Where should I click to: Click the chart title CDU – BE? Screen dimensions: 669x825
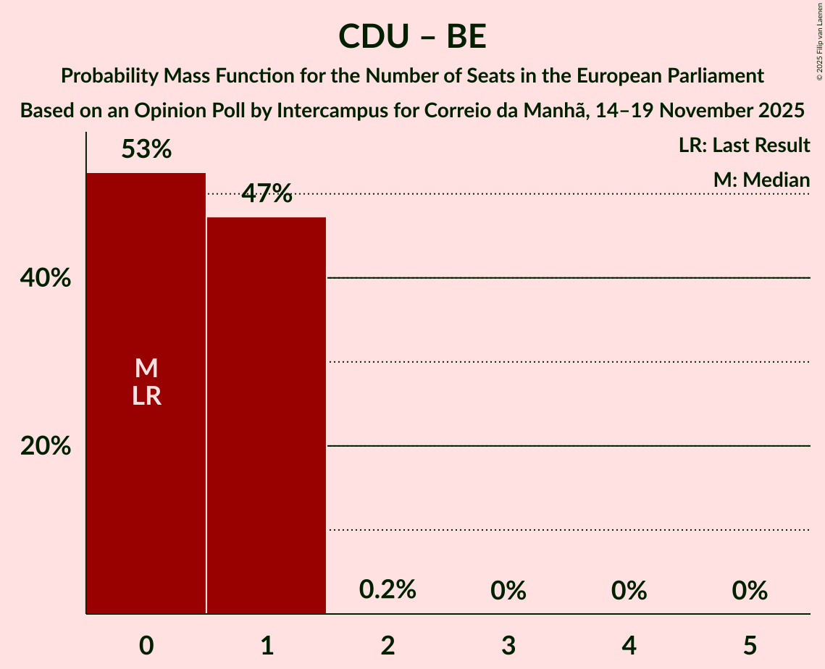(x=412, y=37)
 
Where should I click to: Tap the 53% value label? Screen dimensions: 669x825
(x=146, y=150)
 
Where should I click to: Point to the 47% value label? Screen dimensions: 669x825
(x=267, y=193)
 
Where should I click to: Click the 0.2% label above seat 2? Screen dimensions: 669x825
(x=388, y=590)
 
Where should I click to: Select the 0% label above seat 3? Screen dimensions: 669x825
(x=508, y=591)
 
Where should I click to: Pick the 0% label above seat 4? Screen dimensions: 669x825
(x=629, y=591)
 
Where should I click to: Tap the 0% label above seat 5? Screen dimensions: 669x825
(x=750, y=591)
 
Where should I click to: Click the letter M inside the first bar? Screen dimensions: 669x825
(x=146, y=369)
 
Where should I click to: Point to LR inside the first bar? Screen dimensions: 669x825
(x=146, y=396)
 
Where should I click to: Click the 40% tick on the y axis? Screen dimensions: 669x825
(x=46, y=278)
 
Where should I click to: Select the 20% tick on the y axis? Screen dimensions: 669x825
(x=46, y=446)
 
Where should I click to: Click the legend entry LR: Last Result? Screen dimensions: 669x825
(x=744, y=146)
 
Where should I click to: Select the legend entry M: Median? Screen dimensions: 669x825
(x=761, y=180)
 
